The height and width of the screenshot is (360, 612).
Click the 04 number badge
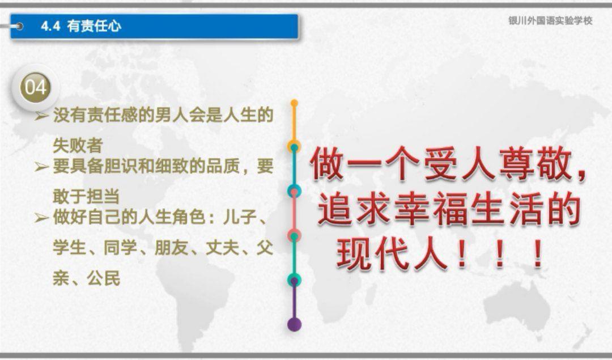pyautogui.click(x=36, y=87)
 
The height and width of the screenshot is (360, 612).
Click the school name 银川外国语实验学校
pyautogui.click(x=550, y=21)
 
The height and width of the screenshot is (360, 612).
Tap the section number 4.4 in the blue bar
pyautogui.click(x=51, y=26)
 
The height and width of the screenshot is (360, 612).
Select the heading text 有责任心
pyautogui.click(x=93, y=26)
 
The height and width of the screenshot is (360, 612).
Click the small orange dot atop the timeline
pyautogui.click(x=294, y=103)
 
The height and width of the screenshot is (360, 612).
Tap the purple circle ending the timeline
pyautogui.click(x=294, y=324)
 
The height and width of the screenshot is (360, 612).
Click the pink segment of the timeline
pyautogui.click(x=294, y=213)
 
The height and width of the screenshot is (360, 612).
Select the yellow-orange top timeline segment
pyautogui.click(x=294, y=124)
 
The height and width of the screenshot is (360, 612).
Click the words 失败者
pyautogui.click(x=78, y=146)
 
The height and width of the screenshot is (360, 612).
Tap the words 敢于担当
pyautogui.click(x=86, y=196)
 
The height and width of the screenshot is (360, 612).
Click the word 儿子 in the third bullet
pyautogui.click(x=239, y=217)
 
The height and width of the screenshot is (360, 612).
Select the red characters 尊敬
pyautogui.click(x=535, y=164)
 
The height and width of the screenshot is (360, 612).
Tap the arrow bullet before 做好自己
pyautogui.click(x=41, y=218)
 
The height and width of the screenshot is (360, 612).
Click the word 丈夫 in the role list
pyautogui.click(x=222, y=248)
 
